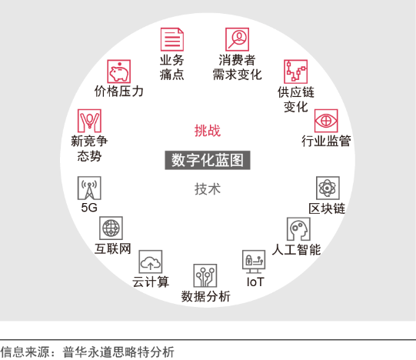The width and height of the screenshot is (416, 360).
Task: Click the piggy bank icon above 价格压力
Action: (x=119, y=72)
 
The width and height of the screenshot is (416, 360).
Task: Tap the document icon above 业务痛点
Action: (x=172, y=39)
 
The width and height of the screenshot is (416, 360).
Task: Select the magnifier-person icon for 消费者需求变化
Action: (x=237, y=39)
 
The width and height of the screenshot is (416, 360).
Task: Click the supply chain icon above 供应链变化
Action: (x=295, y=72)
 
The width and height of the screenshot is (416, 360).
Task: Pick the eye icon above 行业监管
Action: (x=326, y=121)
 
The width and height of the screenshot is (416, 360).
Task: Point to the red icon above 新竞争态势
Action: (x=89, y=121)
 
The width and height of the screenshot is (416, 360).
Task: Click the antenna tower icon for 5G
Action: (x=89, y=188)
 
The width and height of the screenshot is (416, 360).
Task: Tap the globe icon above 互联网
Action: (x=111, y=228)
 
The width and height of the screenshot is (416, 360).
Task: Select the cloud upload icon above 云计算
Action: (x=151, y=262)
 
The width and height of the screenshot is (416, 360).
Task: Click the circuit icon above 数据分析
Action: (x=205, y=275)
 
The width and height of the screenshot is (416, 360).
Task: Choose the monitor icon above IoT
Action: (x=254, y=262)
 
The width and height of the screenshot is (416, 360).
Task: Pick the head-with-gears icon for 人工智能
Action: (x=298, y=229)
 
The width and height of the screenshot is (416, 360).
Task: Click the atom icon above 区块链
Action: (x=328, y=188)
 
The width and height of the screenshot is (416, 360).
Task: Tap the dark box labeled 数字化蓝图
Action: (x=208, y=160)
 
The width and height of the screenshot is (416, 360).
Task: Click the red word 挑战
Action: (x=208, y=131)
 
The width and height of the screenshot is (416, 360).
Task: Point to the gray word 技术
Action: (x=208, y=189)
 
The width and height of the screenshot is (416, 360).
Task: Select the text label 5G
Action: (x=89, y=208)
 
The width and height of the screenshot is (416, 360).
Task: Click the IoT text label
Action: (x=255, y=282)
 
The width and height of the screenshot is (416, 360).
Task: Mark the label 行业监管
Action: (x=326, y=141)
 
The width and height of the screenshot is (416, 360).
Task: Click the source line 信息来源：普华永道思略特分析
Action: (x=88, y=352)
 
